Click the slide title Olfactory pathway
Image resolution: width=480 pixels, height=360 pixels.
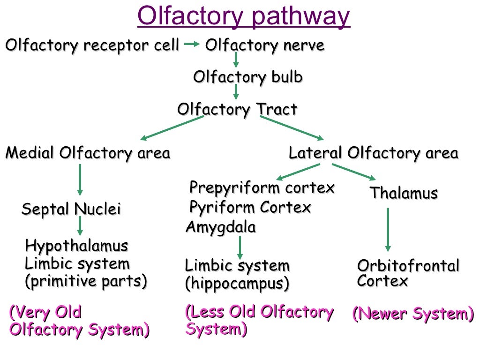(x=244, y=17)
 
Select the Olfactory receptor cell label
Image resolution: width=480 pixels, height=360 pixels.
(x=92, y=46)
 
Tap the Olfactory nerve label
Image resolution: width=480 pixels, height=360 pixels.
(x=265, y=46)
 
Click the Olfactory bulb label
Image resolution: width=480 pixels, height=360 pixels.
(x=248, y=77)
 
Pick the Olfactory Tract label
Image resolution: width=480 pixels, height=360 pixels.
(x=237, y=110)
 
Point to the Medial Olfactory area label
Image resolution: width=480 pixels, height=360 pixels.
(x=88, y=153)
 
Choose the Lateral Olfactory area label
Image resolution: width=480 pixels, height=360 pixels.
(x=373, y=153)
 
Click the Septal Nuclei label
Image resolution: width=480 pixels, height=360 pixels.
(x=71, y=209)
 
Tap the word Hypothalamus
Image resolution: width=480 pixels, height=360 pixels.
(x=76, y=246)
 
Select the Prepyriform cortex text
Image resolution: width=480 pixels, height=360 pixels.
(x=262, y=188)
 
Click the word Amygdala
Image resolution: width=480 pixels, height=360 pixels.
(x=221, y=227)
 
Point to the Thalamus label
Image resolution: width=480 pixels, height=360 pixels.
(x=404, y=193)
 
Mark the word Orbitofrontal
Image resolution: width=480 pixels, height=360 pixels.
(x=408, y=266)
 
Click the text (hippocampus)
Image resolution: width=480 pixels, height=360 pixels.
(x=237, y=284)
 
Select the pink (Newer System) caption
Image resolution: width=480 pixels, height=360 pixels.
(x=413, y=314)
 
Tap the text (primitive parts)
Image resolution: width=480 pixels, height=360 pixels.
(x=86, y=281)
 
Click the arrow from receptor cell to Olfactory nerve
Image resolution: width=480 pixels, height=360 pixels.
(x=192, y=45)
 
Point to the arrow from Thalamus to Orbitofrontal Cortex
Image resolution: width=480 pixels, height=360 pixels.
(x=388, y=230)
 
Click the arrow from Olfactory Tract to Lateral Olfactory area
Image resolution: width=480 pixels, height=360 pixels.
(x=292, y=127)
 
